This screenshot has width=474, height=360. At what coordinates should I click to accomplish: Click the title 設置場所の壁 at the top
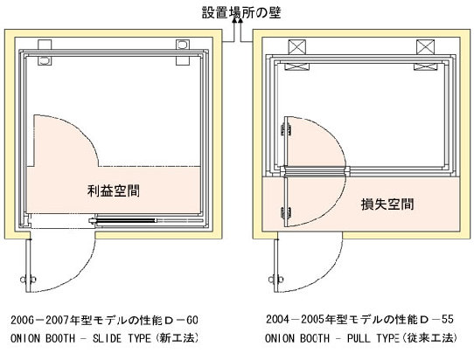(241, 13)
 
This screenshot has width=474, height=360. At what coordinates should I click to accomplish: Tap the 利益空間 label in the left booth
(114, 190)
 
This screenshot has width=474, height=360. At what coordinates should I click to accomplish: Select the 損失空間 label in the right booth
(387, 204)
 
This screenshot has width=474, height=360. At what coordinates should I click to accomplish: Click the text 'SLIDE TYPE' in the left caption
(122, 338)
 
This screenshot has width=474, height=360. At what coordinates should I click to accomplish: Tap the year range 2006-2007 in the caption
(40, 320)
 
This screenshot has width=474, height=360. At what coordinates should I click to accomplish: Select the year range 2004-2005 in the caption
(296, 320)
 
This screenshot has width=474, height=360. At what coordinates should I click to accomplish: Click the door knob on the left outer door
(28, 280)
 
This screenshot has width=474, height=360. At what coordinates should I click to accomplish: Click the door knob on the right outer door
(276, 280)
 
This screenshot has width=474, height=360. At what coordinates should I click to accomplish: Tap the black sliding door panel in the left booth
(125, 220)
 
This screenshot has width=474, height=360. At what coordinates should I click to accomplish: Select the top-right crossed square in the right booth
(426, 47)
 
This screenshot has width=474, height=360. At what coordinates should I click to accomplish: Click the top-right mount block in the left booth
(183, 45)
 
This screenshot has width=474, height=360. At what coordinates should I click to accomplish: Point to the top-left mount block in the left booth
(45, 45)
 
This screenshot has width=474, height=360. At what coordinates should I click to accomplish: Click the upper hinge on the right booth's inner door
(286, 129)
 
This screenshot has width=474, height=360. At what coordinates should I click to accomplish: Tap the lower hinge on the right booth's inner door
(286, 213)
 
